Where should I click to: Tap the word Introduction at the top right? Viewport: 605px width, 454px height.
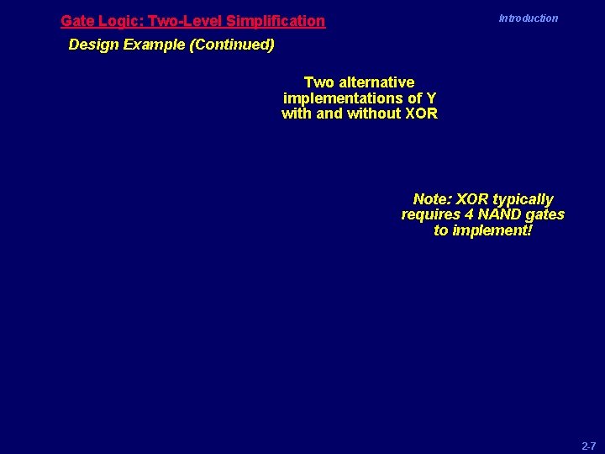[x=528, y=18]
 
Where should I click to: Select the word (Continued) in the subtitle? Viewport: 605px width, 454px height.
[x=232, y=45]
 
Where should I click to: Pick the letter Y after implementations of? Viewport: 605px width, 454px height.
[x=431, y=98]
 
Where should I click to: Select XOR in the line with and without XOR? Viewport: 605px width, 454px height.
[x=421, y=114]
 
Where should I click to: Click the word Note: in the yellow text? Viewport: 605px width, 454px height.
[x=433, y=200]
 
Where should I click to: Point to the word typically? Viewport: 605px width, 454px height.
[x=523, y=200]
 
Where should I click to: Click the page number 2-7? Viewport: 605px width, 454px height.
[x=588, y=446]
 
